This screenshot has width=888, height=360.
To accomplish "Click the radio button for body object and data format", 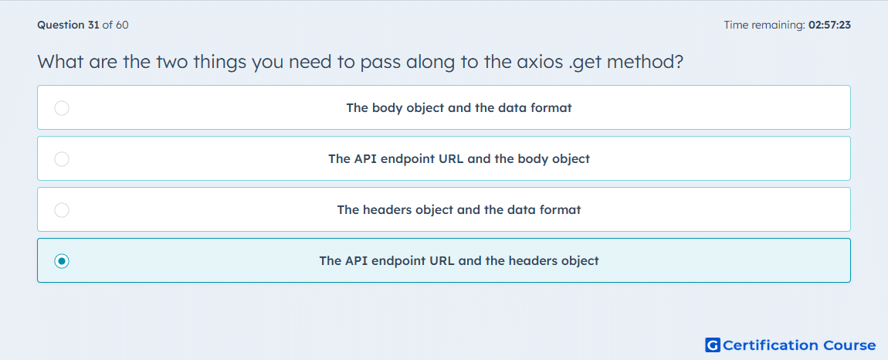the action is [x=62, y=107].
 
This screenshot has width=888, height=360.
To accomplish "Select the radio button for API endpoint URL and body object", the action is [x=62, y=158].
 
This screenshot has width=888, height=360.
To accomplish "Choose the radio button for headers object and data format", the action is [x=62, y=210].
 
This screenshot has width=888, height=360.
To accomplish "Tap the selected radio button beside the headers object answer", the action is [x=62, y=261].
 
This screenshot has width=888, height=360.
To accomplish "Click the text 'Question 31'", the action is [x=69, y=25].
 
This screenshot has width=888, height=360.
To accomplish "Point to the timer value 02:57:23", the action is [x=829, y=25].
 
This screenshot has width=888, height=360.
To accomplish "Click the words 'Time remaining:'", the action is [x=764, y=25].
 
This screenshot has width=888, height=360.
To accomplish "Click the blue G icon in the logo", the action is [x=713, y=345].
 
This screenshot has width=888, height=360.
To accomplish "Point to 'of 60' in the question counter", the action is [x=116, y=25].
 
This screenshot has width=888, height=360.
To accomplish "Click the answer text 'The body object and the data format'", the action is [x=459, y=107].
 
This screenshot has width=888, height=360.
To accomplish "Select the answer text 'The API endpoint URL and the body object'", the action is [x=459, y=158].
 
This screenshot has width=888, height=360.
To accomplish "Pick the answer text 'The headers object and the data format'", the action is [x=459, y=210].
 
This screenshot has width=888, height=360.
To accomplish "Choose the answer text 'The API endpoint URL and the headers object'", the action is [x=459, y=261].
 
